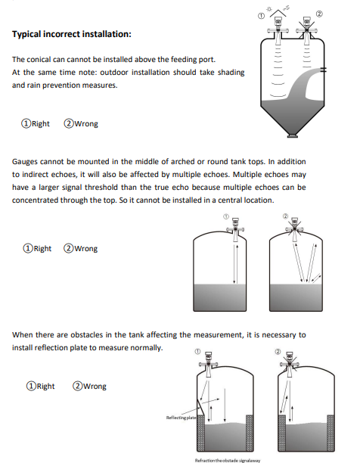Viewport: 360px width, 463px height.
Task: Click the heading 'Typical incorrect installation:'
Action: pos(71,34)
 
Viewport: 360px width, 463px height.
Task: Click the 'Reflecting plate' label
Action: pos(181,418)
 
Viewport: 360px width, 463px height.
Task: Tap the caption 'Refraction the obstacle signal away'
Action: pos(228,460)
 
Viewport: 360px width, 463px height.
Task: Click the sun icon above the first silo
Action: pos(268,9)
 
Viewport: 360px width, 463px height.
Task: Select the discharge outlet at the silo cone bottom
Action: pos(293,135)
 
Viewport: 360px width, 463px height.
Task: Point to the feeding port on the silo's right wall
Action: pos(324,70)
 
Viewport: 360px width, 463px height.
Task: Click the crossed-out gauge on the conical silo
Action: pos(307,29)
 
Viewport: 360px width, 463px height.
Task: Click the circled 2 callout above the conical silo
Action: pos(319,14)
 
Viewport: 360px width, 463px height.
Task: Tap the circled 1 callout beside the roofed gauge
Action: pos(261,16)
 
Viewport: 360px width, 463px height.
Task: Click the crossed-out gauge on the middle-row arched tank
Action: pos(294,229)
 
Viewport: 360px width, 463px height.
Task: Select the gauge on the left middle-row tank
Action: pos(235,229)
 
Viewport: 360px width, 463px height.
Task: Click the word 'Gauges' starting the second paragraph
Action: pos(25,162)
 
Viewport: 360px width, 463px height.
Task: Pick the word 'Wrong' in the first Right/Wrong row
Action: pos(86,123)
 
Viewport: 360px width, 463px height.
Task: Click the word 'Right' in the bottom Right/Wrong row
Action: pos(45,386)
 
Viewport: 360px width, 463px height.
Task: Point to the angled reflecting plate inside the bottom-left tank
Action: pos(200,408)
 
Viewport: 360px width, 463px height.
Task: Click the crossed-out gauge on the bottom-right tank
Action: pos(290,365)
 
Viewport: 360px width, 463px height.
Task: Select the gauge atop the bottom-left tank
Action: pos(209,365)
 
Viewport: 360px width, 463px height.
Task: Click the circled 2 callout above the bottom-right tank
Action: pos(278,351)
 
